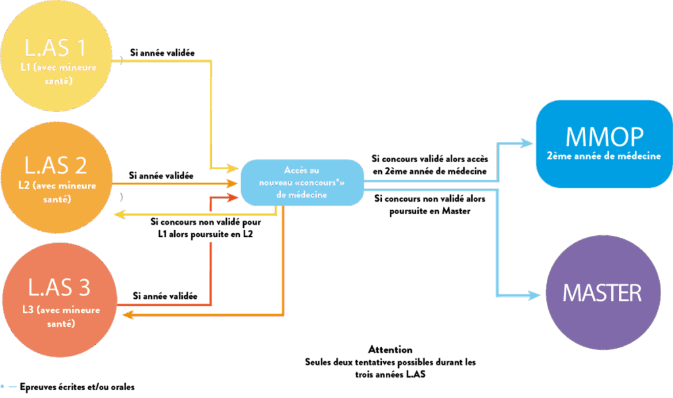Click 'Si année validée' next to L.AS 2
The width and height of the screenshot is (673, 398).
pyautogui.click(x=161, y=175)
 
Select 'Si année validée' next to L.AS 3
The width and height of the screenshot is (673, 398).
pyautogui.click(x=165, y=296)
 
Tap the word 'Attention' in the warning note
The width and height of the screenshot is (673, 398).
pyautogui.click(x=390, y=349)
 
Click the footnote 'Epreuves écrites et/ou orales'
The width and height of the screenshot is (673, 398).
pyautogui.click(x=77, y=387)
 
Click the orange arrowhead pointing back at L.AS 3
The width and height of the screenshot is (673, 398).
pyautogui.click(x=128, y=316)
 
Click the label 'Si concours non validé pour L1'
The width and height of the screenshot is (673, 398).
pyautogui.click(x=206, y=227)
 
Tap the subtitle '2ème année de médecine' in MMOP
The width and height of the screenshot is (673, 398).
pyautogui.click(x=603, y=156)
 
